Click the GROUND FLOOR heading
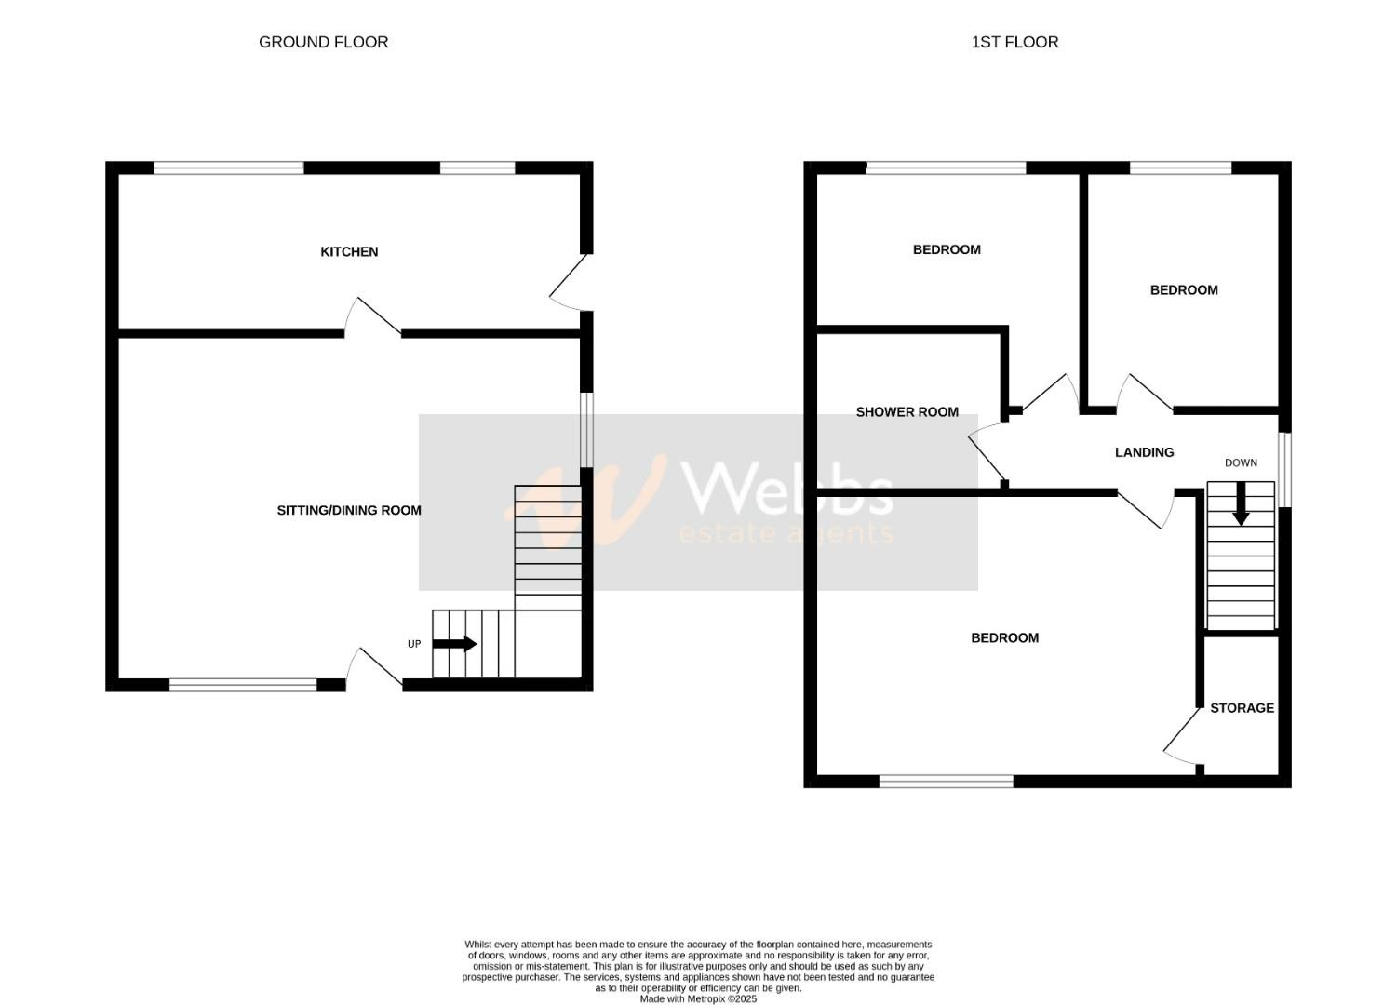pyautogui.click(x=323, y=42)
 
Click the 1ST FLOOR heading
pyautogui.click(x=1014, y=42)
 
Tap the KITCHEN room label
pyautogui.click(x=349, y=252)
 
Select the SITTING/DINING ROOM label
pyautogui.click(x=349, y=510)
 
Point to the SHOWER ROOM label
pyautogui.click(x=907, y=412)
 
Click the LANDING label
pyautogui.click(x=1144, y=452)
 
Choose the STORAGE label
pyautogui.click(x=1242, y=708)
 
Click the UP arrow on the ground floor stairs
pyautogui.click(x=455, y=644)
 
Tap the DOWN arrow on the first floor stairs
pyautogui.click(x=1241, y=507)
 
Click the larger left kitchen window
pyautogui.click(x=229, y=168)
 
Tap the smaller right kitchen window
pyautogui.click(x=477, y=168)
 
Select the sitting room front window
pyautogui.click(x=243, y=686)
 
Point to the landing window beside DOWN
pyautogui.click(x=1284, y=470)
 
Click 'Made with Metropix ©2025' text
pyautogui.click(x=698, y=999)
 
